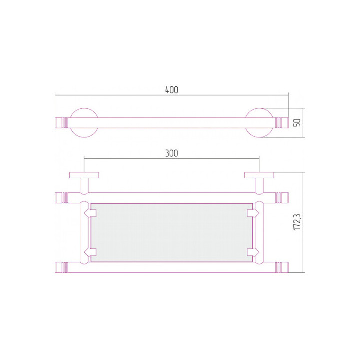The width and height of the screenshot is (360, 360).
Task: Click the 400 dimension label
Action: [171, 90]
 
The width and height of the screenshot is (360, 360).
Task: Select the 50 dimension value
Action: [297, 121]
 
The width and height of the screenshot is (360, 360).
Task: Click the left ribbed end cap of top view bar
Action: [61, 122]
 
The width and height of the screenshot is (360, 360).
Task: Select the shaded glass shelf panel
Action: [171, 232]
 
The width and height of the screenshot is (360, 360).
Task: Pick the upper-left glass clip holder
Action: [89, 213]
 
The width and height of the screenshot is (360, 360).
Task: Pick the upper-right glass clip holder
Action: [253, 213]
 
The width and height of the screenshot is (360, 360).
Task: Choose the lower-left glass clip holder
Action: [89, 252]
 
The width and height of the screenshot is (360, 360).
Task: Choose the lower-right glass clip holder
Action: [253, 252]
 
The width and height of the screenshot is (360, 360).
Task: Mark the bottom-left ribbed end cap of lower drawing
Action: [61, 267]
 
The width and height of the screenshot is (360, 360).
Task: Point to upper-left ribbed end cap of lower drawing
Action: [61, 197]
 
